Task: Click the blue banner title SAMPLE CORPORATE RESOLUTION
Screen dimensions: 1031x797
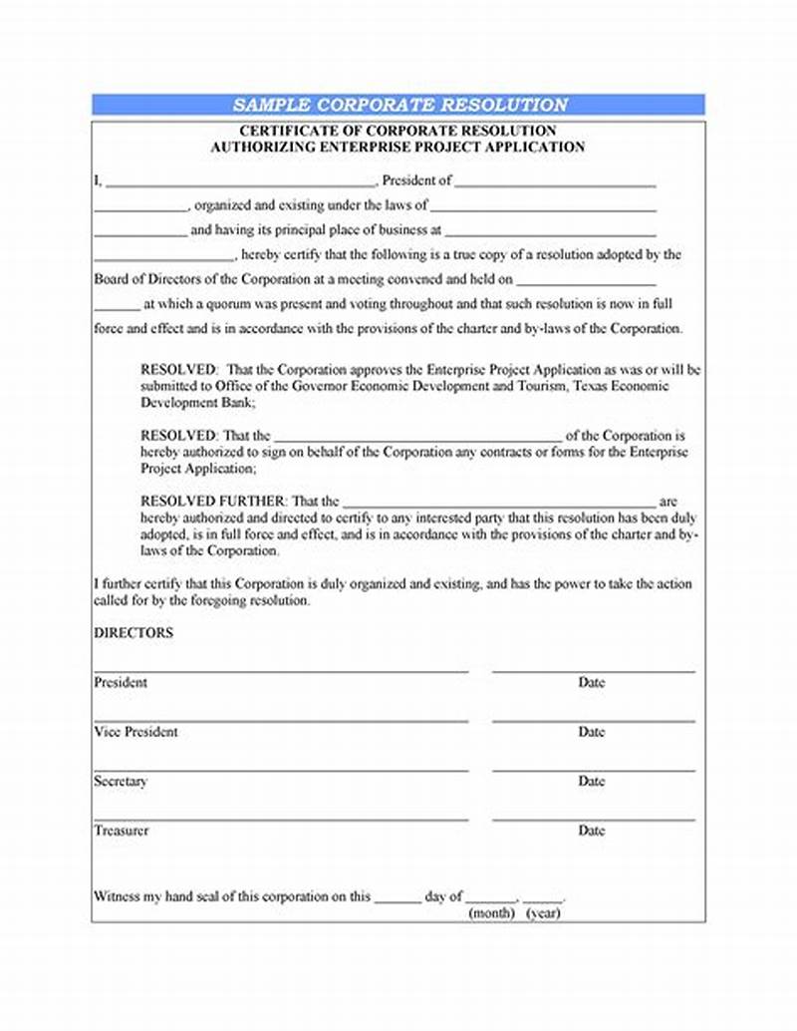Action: [x=399, y=105]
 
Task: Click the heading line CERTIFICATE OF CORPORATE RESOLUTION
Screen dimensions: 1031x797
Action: [x=398, y=131]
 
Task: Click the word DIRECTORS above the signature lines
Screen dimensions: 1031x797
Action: [x=133, y=633]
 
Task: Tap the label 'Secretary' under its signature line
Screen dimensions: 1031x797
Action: [x=121, y=782]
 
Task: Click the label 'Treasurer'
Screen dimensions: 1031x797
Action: [x=122, y=831]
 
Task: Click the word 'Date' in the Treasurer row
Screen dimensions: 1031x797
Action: [x=591, y=831]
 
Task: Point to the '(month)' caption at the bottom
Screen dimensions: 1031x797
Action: [x=491, y=913]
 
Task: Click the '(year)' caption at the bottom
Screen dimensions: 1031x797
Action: [x=543, y=913]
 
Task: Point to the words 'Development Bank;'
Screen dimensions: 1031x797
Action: [x=197, y=403]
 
